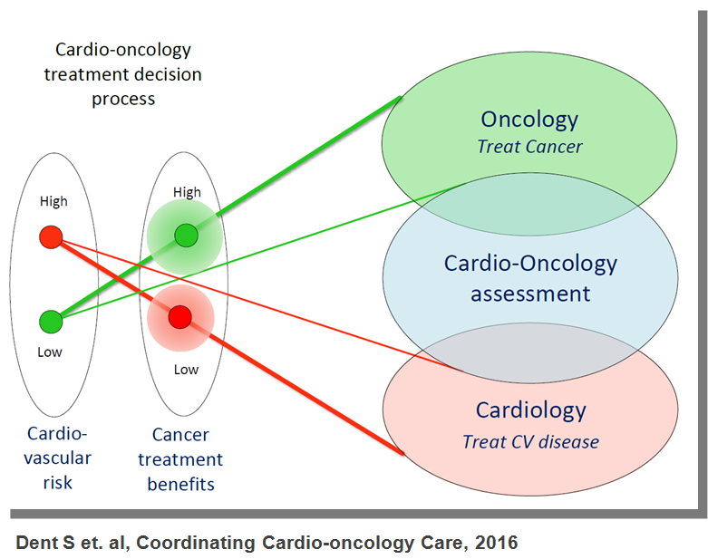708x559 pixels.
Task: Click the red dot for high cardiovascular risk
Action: pos(51,237)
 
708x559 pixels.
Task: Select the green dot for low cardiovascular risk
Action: pos(51,321)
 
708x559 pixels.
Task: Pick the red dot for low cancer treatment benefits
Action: pos(179,316)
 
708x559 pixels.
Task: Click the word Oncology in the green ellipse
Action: pos(529,120)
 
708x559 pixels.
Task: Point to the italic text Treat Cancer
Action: pos(529,146)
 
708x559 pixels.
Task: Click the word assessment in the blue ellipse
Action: pos(530,294)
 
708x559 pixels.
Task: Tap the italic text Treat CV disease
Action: pos(530,442)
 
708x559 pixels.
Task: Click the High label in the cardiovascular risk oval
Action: pos(53,201)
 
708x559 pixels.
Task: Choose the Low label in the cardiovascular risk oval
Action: pos(51,352)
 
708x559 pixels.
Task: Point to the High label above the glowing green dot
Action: pos(187,192)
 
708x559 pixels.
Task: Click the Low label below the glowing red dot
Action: pos(186,369)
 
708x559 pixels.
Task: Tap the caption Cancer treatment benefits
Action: pos(181,459)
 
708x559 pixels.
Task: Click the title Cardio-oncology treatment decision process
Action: pos(123,74)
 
